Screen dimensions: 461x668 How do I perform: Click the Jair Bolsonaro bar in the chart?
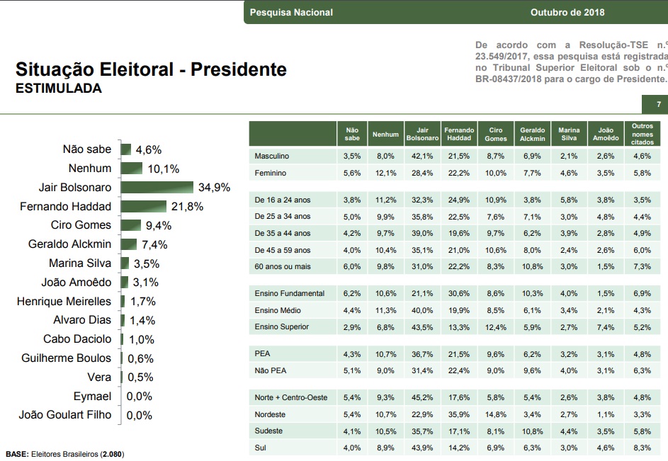(157, 188)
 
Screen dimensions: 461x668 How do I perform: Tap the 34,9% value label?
(214, 188)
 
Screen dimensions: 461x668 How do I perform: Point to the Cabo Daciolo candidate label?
(77, 339)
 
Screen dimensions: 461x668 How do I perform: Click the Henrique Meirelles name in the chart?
(64, 301)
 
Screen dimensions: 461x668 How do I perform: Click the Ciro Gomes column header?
(496, 135)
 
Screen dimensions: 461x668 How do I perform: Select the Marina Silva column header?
(570, 135)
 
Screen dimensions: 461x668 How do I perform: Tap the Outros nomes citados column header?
(642, 135)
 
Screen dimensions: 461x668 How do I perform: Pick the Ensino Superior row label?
(282, 326)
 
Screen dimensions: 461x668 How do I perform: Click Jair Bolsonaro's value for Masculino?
(422, 156)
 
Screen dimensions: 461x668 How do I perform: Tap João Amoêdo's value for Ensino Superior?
(606, 326)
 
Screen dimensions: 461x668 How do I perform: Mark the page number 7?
(659, 105)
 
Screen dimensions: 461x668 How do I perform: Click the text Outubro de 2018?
(567, 12)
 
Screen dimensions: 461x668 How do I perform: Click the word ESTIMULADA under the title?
(58, 89)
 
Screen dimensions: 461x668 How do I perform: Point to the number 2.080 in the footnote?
(113, 453)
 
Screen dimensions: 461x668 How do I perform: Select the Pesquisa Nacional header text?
(291, 12)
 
